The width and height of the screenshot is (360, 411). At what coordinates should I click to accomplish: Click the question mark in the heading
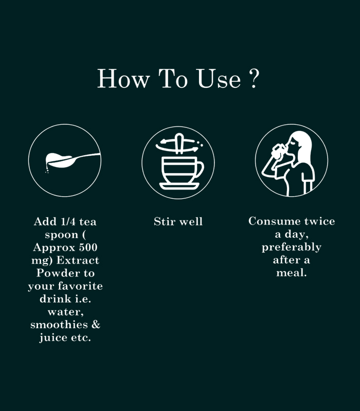(254, 78)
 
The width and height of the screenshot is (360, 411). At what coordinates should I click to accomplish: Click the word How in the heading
(123, 79)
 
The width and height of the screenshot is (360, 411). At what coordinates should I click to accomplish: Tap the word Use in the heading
(219, 79)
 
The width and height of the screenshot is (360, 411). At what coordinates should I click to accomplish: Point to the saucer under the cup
(179, 186)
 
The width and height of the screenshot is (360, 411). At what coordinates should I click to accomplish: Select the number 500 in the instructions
(88, 247)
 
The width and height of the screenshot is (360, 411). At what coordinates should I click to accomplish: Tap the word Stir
(165, 221)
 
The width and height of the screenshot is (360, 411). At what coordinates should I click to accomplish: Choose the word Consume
(275, 221)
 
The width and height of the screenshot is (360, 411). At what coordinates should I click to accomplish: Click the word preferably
(292, 247)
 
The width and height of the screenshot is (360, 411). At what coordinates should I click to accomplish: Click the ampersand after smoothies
(96, 325)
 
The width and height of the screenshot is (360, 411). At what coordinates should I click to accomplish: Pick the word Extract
(78, 260)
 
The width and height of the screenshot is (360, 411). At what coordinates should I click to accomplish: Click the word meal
(292, 273)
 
